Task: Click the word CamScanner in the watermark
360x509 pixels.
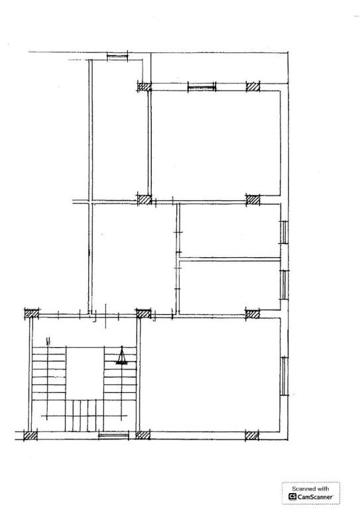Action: (x=315, y=496)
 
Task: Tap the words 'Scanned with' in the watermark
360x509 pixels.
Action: (x=310, y=488)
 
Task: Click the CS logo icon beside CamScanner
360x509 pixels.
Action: (x=292, y=496)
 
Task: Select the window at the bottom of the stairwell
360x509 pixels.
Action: (x=113, y=435)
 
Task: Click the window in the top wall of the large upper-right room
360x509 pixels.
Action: (x=202, y=87)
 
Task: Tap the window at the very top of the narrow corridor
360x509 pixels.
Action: (x=117, y=57)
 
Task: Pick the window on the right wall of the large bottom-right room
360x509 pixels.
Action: (x=284, y=376)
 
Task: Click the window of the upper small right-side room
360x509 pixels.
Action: (x=284, y=232)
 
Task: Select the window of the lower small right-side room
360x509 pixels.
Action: (x=284, y=285)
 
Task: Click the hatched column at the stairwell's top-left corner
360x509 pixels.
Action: (x=32, y=314)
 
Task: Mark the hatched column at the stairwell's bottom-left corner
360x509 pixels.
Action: (x=30, y=435)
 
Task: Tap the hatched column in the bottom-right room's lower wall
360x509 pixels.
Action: (x=252, y=435)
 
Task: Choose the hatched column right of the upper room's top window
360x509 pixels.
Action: (x=253, y=87)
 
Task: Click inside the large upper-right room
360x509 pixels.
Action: (x=216, y=143)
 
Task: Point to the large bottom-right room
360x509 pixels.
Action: (x=210, y=375)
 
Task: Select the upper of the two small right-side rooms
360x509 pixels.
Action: (x=230, y=231)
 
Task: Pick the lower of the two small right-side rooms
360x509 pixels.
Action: (x=230, y=286)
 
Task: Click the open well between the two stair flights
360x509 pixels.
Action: (x=85, y=373)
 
